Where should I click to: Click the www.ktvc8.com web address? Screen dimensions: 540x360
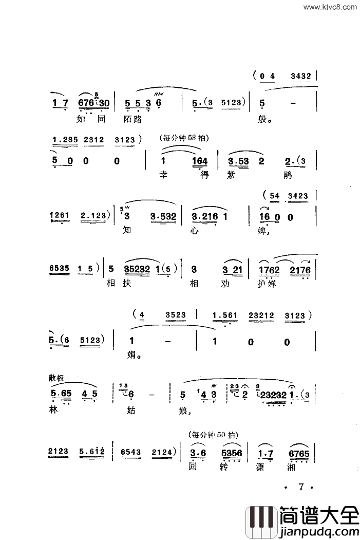pos(330,7)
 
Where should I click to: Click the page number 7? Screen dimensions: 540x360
pos(301,486)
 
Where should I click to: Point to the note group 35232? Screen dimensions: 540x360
pos(139,268)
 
